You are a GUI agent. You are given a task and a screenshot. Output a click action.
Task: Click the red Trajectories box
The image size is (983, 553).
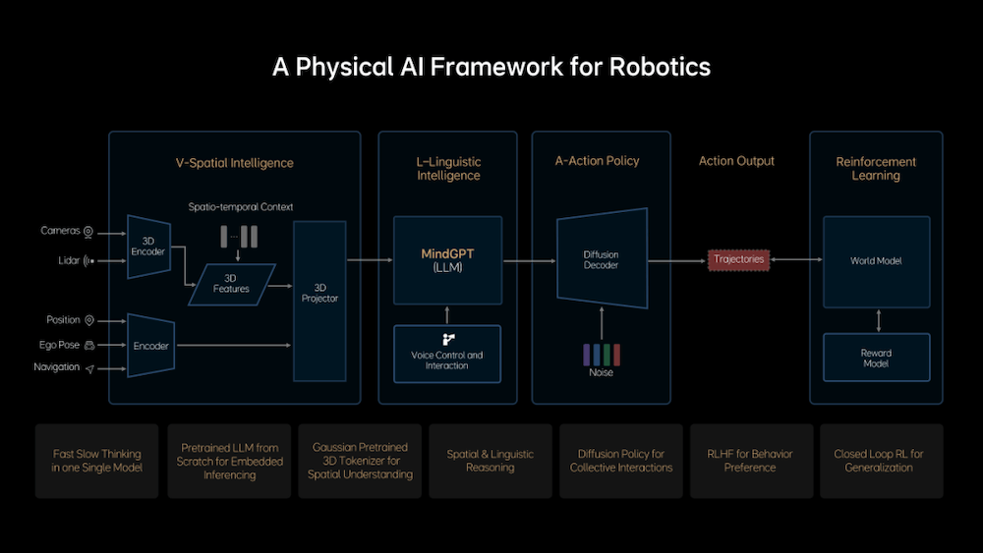click(738, 259)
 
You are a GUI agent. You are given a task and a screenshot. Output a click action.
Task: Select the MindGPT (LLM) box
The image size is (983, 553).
click(447, 260)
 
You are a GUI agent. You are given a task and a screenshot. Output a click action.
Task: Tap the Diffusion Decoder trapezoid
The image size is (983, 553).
click(602, 258)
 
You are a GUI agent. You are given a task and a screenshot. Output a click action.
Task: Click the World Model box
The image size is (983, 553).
click(877, 261)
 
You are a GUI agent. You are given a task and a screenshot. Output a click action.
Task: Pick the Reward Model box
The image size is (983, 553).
click(877, 358)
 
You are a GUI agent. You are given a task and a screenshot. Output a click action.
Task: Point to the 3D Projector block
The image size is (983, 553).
click(319, 301)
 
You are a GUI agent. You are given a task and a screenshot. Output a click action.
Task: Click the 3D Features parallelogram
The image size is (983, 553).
click(231, 284)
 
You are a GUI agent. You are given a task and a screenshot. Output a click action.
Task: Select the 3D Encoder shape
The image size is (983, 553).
click(148, 247)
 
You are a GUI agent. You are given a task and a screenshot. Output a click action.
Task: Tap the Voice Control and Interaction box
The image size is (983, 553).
click(447, 354)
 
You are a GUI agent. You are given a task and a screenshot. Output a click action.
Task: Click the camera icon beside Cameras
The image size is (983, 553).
click(88, 233)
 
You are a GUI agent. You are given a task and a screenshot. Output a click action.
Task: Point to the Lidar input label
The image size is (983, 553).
click(69, 260)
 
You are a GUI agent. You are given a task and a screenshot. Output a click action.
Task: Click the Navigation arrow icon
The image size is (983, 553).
click(89, 369)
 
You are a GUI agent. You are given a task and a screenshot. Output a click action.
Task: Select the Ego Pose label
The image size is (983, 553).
click(59, 345)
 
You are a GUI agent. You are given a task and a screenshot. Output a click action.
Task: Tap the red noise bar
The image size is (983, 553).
click(617, 355)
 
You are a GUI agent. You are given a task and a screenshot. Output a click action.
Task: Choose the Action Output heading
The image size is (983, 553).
click(736, 161)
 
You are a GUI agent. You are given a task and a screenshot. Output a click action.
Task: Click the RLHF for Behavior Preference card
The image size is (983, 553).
click(751, 461)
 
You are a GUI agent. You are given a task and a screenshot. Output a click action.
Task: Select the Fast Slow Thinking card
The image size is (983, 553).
click(97, 461)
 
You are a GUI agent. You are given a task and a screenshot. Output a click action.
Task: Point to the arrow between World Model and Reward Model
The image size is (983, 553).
click(878, 320)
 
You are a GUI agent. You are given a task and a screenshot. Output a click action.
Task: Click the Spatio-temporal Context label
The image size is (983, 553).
click(241, 206)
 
